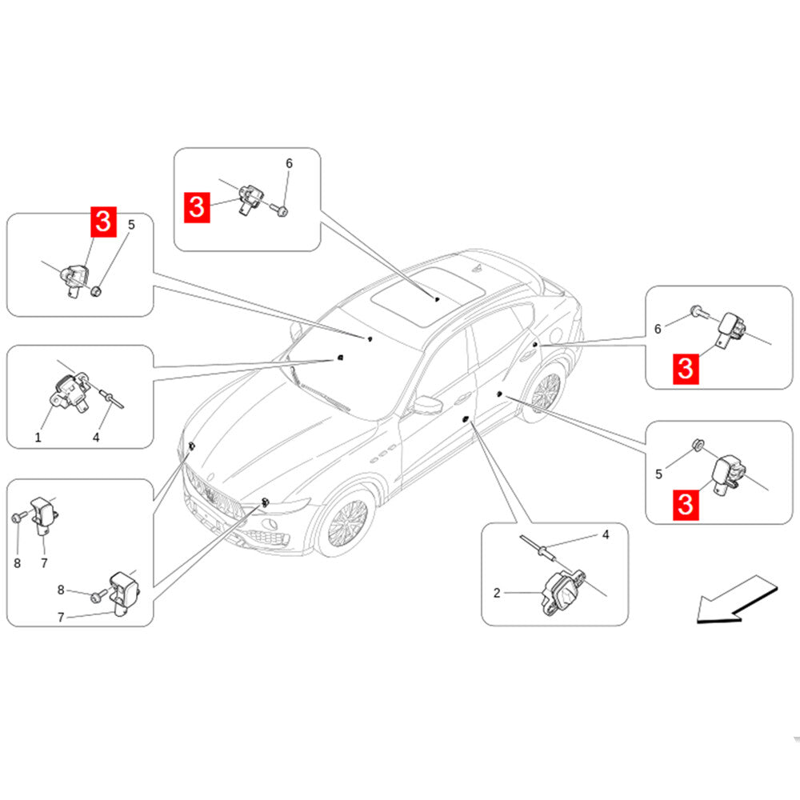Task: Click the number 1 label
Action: coord(38,437)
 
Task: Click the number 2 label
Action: coord(497,593)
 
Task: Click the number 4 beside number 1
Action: coord(96,437)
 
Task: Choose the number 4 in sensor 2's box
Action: coord(606,534)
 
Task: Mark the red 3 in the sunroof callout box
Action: coord(197,206)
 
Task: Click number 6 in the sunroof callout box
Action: coord(289,163)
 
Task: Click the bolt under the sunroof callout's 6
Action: coord(282,210)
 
